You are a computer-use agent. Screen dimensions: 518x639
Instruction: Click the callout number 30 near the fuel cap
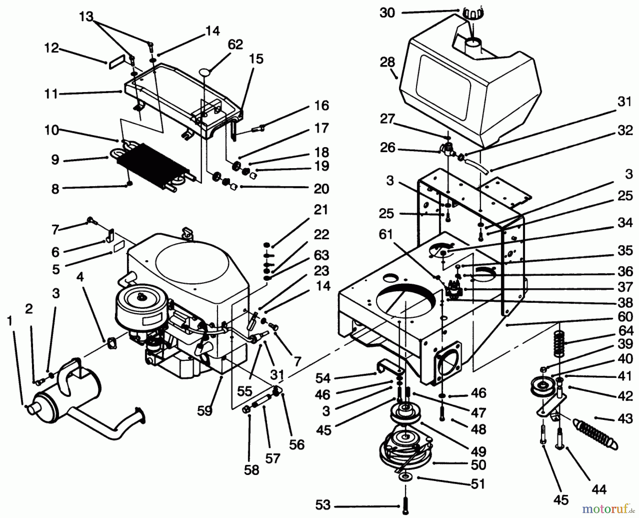pos(387,13)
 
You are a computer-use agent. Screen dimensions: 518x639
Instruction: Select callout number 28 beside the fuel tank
pos(387,62)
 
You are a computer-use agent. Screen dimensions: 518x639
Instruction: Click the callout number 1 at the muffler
pos(10,321)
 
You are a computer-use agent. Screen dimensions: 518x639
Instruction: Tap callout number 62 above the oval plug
pos(235,45)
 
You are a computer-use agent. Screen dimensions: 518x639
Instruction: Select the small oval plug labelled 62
pos(206,72)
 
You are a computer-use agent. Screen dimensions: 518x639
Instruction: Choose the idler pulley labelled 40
pos(541,387)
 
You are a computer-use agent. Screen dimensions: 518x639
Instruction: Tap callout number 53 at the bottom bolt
pos(322,505)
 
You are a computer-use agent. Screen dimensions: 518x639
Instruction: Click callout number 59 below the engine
pos(204,411)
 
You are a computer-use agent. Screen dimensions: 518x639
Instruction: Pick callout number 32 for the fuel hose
pos(625,130)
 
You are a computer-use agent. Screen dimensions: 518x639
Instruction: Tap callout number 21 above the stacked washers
pos(321,210)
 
